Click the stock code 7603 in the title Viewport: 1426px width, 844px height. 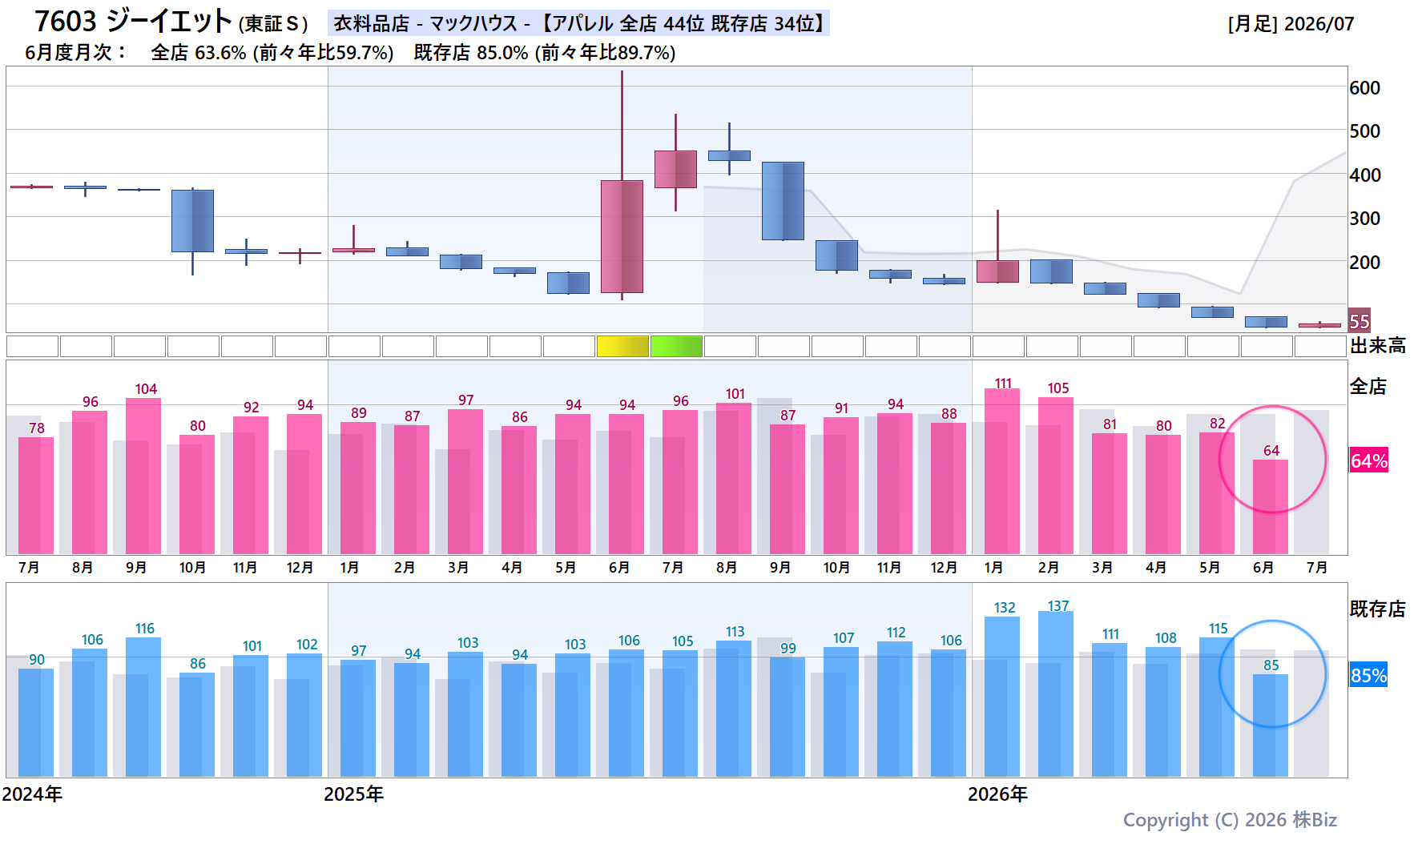point(65,22)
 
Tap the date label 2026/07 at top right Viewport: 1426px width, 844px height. point(1319,24)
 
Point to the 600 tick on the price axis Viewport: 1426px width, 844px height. point(1365,88)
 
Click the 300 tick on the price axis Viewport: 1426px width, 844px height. point(1365,219)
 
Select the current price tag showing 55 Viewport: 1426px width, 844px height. point(1360,321)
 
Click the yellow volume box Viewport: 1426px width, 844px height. point(622,346)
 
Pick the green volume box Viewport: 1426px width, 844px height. point(676,346)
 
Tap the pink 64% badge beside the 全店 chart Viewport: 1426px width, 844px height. point(1369,460)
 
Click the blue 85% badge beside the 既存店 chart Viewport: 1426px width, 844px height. point(1369,675)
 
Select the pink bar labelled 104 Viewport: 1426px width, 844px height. point(143,476)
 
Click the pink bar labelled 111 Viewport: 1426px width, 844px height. point(1002,472)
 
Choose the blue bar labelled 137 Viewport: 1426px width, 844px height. point(1056,694)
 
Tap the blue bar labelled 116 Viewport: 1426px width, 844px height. point(143,707)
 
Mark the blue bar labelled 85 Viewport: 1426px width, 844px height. point(1271,725)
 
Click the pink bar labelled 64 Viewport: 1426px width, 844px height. point(1271,507)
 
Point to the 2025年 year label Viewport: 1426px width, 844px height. point(353,794)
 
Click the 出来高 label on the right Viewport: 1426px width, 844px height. point(1378,346)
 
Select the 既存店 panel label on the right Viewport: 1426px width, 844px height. point(1378,609)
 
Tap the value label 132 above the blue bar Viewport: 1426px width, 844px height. point(1005,608)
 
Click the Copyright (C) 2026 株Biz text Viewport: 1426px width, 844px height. point(1230,820)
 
